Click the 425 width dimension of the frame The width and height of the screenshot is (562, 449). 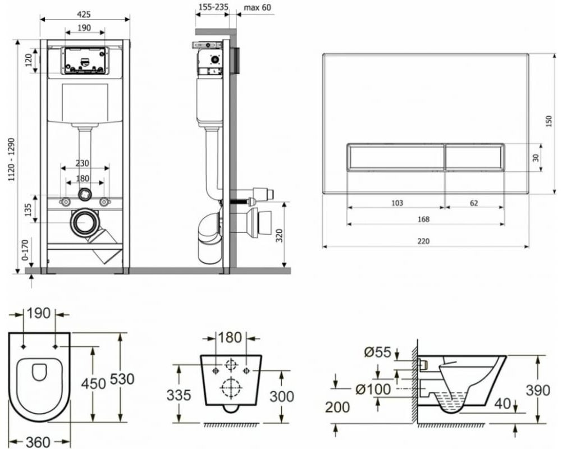[x=84, y=14]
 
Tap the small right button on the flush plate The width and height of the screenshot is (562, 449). [x=475, y=157]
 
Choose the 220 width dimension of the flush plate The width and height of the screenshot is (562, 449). [x=425, y=241]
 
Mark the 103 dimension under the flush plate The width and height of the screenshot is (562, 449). [x=396, y=203]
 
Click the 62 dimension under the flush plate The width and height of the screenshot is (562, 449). [x=474, y=203]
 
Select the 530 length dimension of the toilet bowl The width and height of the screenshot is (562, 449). [x=122, y=379]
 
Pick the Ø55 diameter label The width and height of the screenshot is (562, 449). [x=377, y=352]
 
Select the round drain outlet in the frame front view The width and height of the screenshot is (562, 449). [x=85, y=223]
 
